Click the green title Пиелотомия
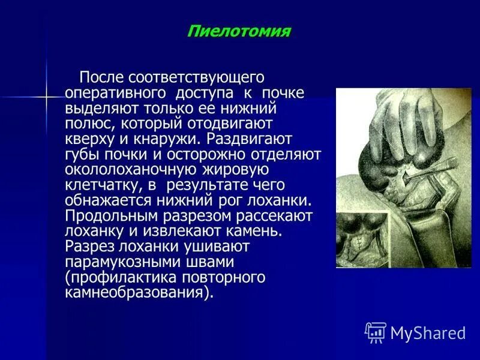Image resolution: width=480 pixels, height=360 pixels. [238, 31]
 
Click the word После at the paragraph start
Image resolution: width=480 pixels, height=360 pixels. [101, 77]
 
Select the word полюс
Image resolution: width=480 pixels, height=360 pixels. [89, 124]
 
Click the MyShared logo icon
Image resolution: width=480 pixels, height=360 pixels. [375, 332]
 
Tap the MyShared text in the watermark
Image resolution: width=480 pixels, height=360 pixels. [428, 332]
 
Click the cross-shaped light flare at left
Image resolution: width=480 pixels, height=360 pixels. [47, 96]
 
